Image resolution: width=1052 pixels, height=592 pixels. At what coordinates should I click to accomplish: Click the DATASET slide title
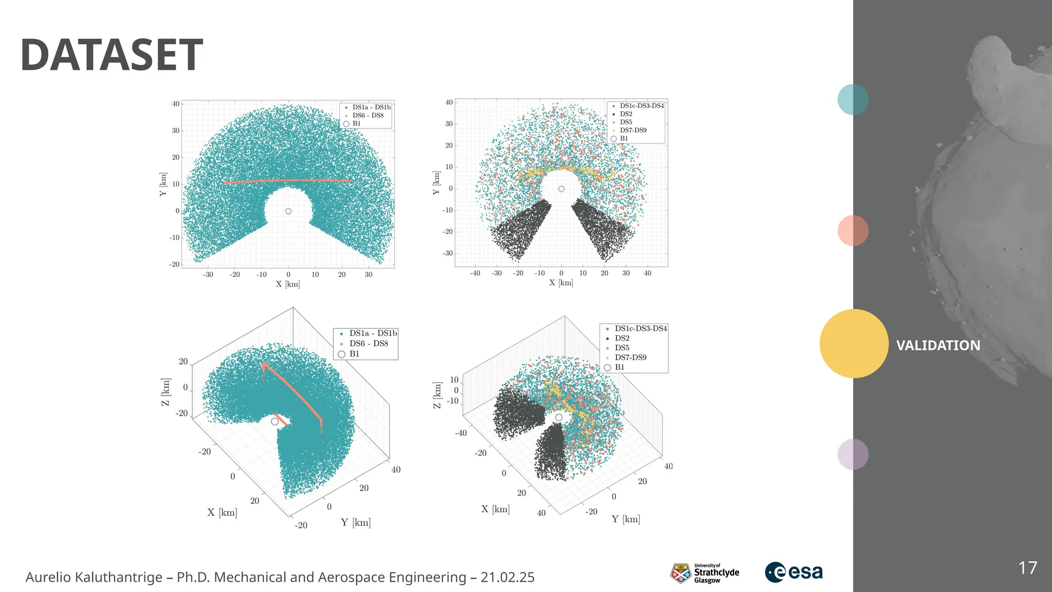[x=111, y=55]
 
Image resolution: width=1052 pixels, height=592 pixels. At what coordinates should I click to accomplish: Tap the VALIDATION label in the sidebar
[x=938, y=345]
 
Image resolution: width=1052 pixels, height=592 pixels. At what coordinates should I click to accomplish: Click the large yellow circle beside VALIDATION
[x=854, y=343]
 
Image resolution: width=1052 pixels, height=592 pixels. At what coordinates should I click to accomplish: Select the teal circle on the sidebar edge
[x=853, y=99]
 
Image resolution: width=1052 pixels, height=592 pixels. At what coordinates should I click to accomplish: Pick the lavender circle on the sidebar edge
[x=853, y=454]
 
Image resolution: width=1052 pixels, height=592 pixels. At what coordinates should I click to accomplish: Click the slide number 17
[x=1027, y=568]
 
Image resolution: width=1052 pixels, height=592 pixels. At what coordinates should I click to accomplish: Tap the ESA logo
[x=794, y=572]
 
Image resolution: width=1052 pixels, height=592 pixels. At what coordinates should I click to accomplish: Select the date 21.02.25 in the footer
[x=507, y=578]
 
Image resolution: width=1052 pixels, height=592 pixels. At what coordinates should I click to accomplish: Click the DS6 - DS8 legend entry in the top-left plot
[x=368, y=116]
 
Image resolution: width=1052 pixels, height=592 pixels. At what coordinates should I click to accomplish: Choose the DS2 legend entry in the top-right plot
[x=626, y=114]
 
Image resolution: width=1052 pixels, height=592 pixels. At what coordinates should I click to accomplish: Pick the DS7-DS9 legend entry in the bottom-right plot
[x=630, y=357]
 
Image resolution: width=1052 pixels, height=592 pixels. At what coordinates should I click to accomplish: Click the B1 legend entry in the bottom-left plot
[x=354, y=354]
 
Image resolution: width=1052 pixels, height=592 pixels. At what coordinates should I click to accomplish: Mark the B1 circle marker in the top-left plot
[x=288, y=211]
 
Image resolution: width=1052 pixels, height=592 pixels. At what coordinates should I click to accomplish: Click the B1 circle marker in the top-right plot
[x=561, y=189]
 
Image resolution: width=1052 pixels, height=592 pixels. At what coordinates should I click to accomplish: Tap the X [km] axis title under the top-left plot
[x=288, y=284]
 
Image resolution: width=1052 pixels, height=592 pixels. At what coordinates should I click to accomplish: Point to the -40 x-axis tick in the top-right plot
[x=475, y=273]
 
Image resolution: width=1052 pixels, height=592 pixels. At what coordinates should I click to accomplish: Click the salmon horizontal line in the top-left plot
[x=288, y=181]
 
